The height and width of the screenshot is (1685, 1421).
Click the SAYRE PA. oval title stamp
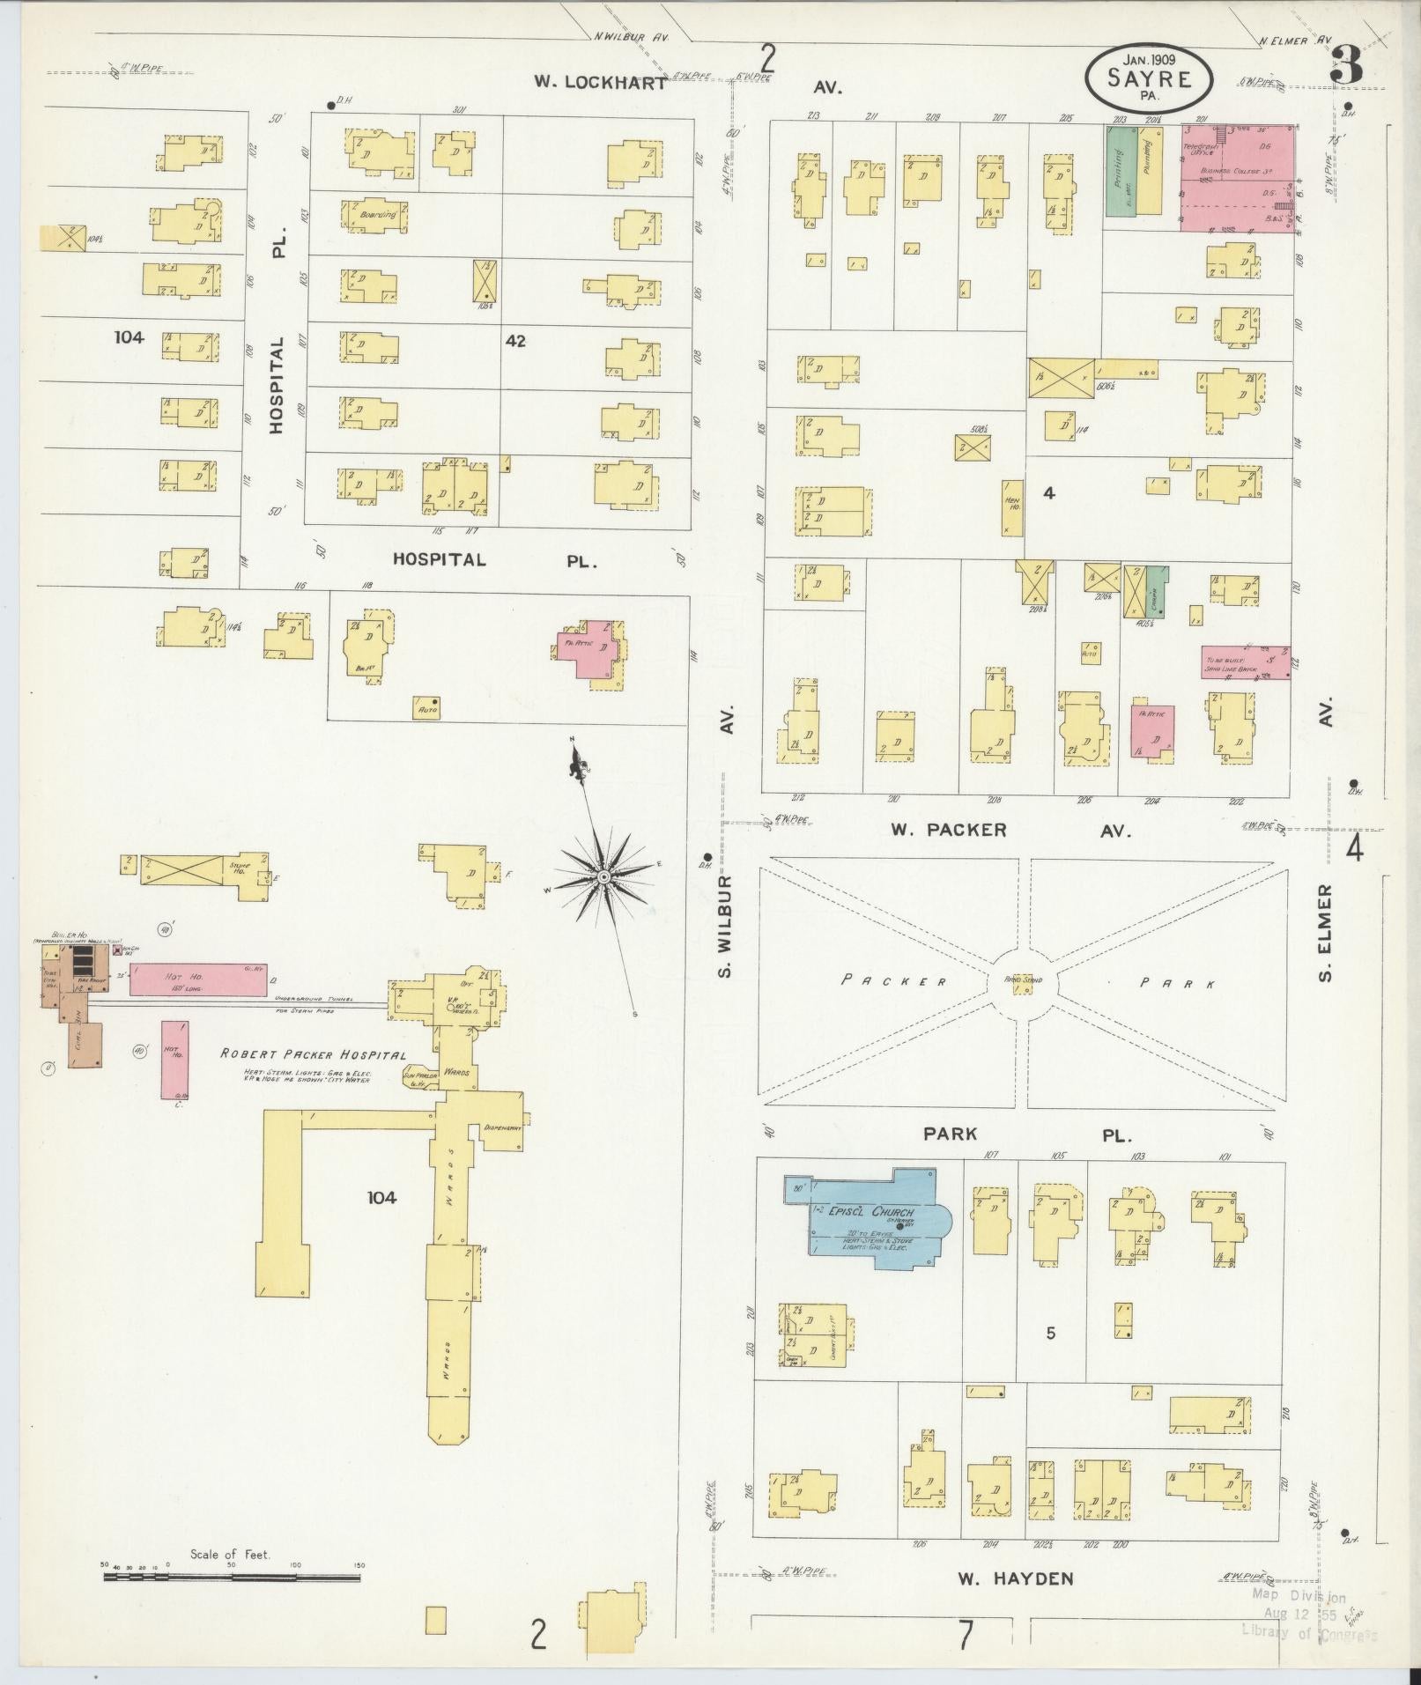[x=1149, y=78]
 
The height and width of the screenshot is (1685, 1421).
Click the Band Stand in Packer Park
[x=1023, y=983]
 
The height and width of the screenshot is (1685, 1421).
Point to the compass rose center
[x=604, y=879]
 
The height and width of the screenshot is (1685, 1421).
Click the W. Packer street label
[x=948, y=830]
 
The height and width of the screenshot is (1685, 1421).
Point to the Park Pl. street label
[x=951, y=1134]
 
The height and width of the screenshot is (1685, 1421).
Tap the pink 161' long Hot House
[x=198, y=979]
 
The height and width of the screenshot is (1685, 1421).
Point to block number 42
[x=515, y=340]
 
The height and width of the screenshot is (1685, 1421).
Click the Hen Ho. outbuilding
[x=1012, y=508]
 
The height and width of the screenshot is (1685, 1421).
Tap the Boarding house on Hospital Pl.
[x=374, y=215]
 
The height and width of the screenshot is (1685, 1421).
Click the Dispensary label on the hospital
[x=504, y=1127]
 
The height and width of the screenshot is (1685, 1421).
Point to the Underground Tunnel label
[x=314, y=999]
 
